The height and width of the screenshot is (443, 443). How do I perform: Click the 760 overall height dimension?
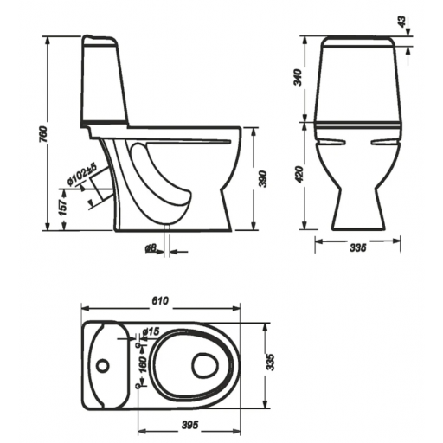pyautogui.click(x=43, y=134)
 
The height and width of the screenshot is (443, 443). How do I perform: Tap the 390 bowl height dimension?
pyautogui.click(x=263, y=179)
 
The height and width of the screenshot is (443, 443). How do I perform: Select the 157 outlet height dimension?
pyautogui.click(x=63, y=207)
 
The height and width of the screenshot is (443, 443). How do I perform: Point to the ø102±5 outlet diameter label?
pyautogui.click(x=82, y=176)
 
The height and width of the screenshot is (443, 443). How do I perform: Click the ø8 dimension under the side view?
pyautogui.click(x=151, y=247)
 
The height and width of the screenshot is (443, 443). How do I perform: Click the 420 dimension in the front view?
pyautogui.click(x=300, y=175)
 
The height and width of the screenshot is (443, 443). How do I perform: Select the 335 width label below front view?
pyautogui.click(x=358, y=247)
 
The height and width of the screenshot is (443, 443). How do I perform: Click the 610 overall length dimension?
pyautogui.click(x=160, y=301)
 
